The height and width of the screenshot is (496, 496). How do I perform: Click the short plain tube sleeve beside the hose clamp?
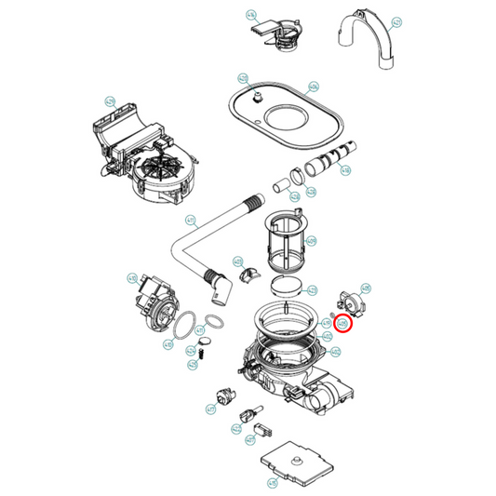[277, 188]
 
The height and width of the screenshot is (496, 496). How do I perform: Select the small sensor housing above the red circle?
[349, 301]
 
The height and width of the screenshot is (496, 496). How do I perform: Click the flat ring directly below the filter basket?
[287, 286]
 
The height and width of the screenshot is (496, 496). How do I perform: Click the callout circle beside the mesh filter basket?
[311, 242]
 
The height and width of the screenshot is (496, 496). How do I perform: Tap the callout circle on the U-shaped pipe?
[396, 21]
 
